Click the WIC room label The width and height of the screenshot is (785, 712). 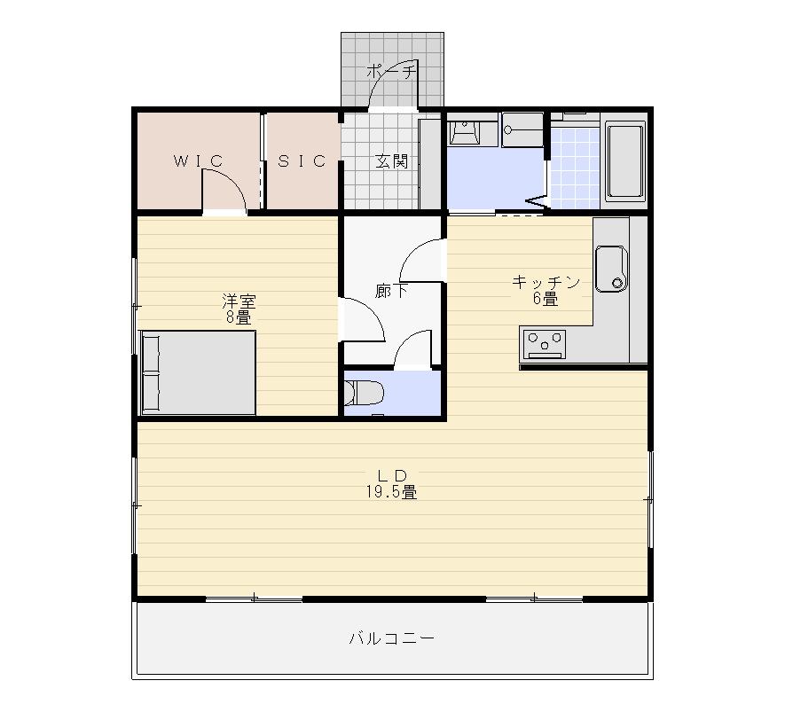tap(199, 161)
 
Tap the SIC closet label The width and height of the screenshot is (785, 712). tap(302, 161)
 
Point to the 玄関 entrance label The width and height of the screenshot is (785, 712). tap(391, 161)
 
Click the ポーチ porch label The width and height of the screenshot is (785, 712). tap(391, 72)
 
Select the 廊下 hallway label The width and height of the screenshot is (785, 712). tap(391, 291)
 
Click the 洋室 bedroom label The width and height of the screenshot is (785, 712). tap(239, 301)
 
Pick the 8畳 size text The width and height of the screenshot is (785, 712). tap(239, 317)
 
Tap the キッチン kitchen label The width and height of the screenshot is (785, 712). tap(546, 282)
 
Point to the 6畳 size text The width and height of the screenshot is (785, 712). tap(546, 299)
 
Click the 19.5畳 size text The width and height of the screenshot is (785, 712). tap(391, 492)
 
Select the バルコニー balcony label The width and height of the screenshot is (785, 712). tap(391, 638)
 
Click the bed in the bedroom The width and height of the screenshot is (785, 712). tap(199, 372)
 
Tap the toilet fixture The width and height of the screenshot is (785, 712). tap(364, 393)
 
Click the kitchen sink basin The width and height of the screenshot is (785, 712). tap(611, 269)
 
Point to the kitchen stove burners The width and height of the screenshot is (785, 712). tap(545, 344)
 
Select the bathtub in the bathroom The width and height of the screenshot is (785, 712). tap(624, 161)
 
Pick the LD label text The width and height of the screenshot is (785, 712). tap(392, 475)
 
